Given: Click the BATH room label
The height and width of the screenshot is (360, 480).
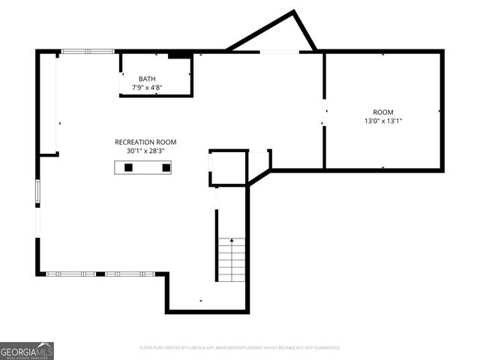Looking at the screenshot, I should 148,79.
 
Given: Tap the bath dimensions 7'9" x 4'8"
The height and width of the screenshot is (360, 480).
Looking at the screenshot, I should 148,88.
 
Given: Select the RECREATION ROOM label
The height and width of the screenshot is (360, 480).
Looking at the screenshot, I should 145,142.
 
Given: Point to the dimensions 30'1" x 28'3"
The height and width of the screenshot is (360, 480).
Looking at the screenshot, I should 145,151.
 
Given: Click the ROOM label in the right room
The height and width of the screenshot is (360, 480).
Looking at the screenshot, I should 382,112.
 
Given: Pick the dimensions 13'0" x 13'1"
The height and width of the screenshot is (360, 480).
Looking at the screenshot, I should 382,121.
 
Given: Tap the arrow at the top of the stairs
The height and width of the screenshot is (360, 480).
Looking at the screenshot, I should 232,241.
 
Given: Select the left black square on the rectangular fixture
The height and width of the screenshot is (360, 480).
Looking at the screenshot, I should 128,167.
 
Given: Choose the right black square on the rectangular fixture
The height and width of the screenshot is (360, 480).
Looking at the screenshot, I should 166,167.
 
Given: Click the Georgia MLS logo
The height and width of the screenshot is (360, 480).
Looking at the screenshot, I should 27,351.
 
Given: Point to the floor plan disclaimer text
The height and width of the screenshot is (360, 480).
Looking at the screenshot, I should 240,348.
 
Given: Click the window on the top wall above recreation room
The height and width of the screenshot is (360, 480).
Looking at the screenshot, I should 88,51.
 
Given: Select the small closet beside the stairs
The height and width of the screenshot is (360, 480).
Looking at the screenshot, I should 228,167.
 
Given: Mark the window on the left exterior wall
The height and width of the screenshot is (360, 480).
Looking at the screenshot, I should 37,191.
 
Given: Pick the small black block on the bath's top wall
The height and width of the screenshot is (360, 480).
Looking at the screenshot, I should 178,55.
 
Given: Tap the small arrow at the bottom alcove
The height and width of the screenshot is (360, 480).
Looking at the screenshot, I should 200,301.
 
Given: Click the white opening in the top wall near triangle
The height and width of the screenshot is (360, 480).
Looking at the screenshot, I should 279,51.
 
